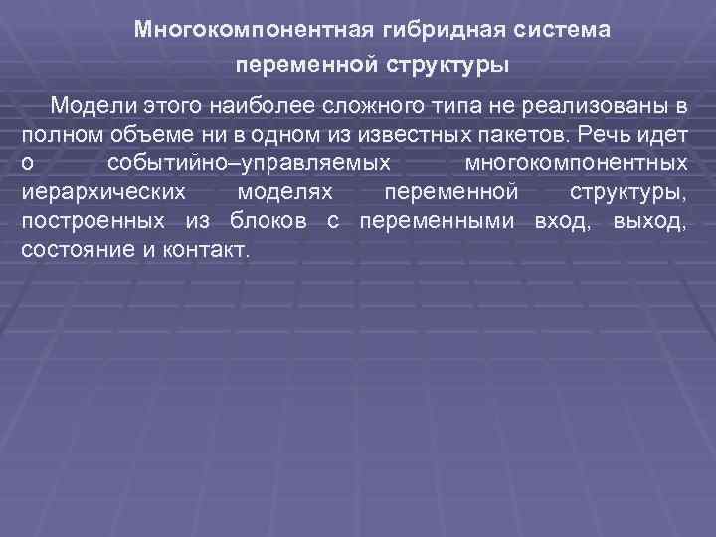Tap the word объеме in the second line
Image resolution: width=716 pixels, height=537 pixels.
click(x=141, y=134)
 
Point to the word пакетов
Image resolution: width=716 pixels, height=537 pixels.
click(x=490, y=134)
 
